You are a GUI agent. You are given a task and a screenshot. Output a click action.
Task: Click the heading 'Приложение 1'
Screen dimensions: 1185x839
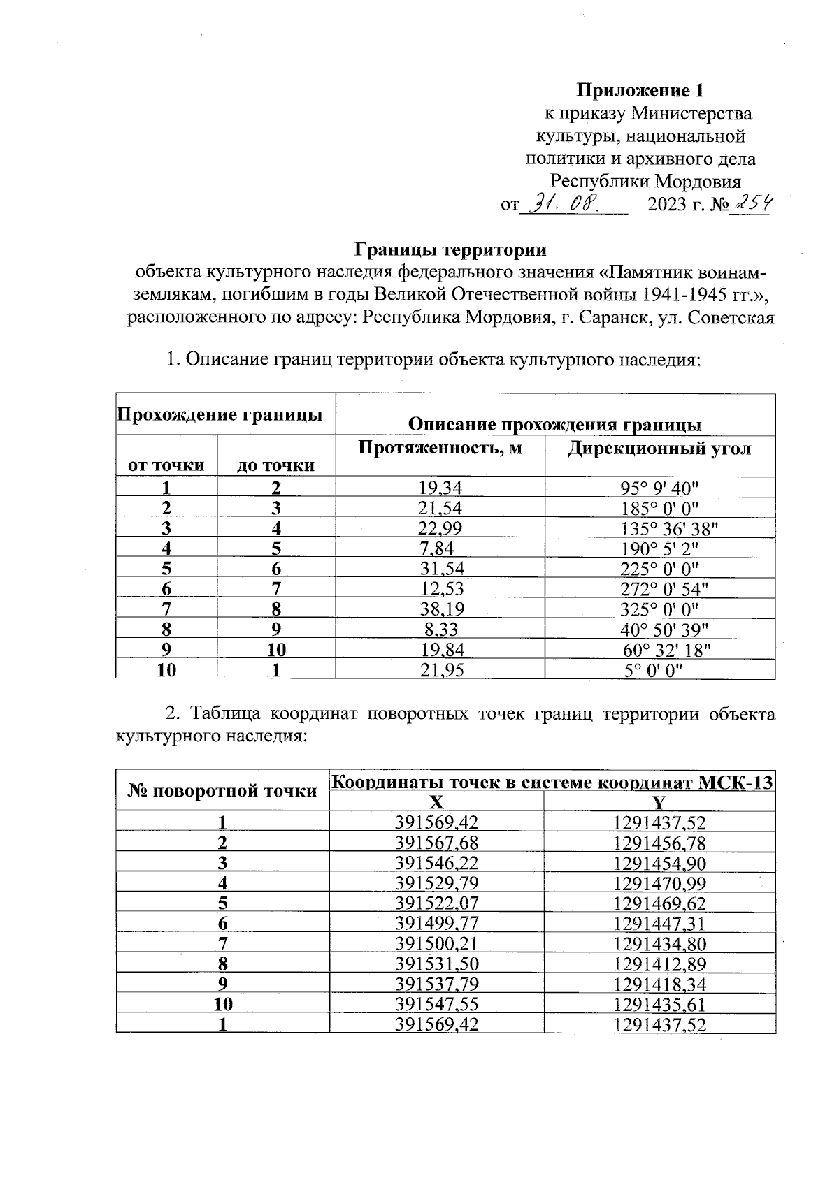tap(639, 91)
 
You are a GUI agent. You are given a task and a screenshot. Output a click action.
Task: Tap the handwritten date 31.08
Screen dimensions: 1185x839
tap(564, 204)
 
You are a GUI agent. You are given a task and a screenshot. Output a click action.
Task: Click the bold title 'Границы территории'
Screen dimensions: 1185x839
tap(450, 249)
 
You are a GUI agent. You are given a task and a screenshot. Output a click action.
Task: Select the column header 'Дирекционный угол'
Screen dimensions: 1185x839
tap(659, 449)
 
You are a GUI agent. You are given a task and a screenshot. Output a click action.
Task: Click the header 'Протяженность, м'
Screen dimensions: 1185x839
tap(440, 448)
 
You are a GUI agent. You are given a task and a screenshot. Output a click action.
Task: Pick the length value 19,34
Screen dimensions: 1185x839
tap(440, 488)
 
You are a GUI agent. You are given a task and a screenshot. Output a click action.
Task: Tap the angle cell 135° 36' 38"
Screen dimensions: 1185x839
tap(659, 528)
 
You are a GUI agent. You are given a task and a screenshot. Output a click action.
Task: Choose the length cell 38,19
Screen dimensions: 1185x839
tap(440, 609)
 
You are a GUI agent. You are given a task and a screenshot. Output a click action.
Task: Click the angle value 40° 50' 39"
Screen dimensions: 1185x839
tap(659, 630)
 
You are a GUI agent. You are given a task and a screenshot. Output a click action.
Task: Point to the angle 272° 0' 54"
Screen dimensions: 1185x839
tap(659, 589)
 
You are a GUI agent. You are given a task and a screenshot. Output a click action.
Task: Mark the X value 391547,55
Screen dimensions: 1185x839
tap(436, 1005)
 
